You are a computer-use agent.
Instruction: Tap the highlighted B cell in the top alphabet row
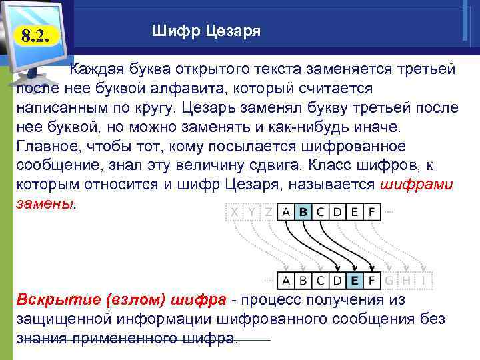pyautogui.click(x=303, y=212)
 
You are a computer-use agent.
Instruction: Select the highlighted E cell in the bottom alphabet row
pyautogui.click(x=355, y=281)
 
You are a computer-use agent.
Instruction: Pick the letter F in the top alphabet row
pyautogui.click(x=371, y=212)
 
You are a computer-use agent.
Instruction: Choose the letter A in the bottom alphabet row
pyautogui.click(x=286, y=281)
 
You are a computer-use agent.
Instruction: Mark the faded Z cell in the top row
pyautogui.click(x=268, y=212)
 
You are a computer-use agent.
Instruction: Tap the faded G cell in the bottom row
pyautogui.click(x=389, y=281)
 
